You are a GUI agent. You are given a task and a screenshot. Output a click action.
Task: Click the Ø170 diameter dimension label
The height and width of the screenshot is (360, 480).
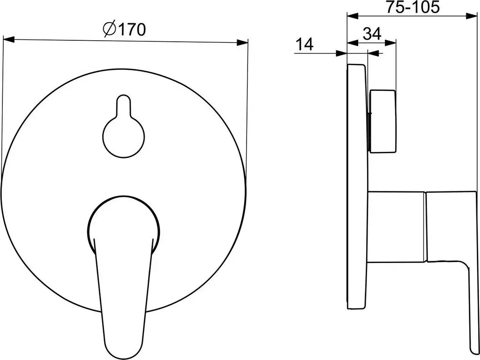pyautogui.click(x=124, y=30)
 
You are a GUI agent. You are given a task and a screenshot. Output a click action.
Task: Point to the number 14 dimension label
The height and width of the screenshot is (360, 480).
pyautogui.click(x=305, y=44)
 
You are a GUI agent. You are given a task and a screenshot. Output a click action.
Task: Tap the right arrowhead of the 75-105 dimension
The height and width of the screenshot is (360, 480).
pyautogui.click(x=471, y=16)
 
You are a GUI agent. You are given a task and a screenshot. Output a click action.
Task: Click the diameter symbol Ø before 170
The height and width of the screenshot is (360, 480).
pyautogui.click(x=109, y=30)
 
